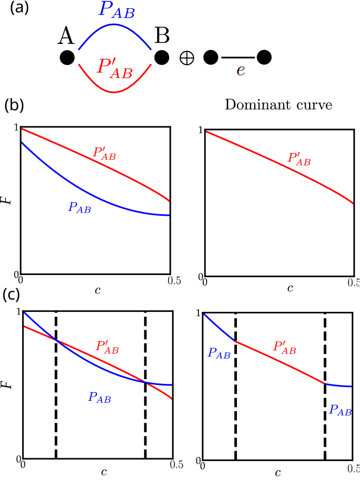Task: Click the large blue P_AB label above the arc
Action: pos(117,10)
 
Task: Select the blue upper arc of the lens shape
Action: pos(114,24)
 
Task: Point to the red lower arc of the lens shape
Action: pos(114,92)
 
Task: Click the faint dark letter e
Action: pos(241,71)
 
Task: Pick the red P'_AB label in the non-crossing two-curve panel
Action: pos(104,153)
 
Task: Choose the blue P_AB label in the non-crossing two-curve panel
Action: pos(79,207)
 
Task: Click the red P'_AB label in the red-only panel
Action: pos(299,159)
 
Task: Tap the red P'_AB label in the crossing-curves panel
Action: pos(107,347)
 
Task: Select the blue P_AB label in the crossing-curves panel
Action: pos(100,398)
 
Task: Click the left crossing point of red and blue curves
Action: pos(55,339)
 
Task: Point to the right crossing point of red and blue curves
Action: pos(146,382)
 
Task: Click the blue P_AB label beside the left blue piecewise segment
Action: pos(219,354)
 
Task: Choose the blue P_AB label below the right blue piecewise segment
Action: pos(340,411)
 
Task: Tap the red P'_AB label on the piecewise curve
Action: pos(285,347)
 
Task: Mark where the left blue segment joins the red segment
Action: pos(234,341)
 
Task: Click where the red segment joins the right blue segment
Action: pos(324,383)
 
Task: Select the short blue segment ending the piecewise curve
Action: pos(338,386)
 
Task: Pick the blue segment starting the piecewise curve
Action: pos(218,327)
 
